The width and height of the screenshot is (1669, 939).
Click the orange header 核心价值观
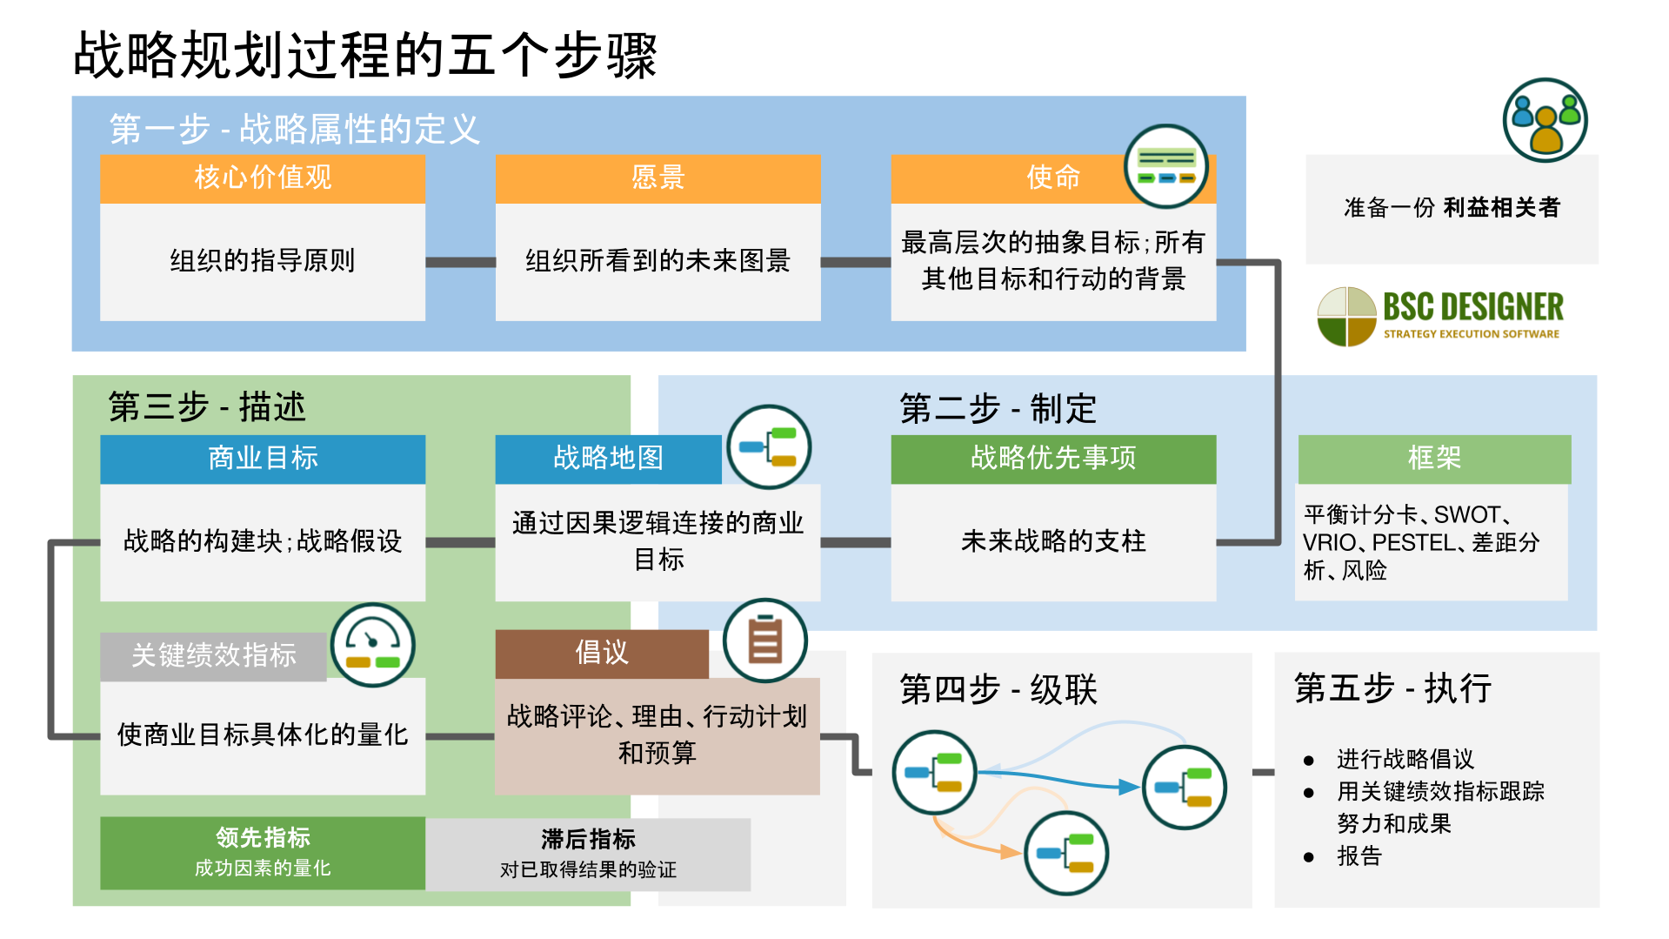(263, 178)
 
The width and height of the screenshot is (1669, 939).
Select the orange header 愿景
(658, 178)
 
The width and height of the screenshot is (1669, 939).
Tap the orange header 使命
(1052, 178)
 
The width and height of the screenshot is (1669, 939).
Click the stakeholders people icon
(1545, 120)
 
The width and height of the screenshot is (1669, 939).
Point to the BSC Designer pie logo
(1346, 316)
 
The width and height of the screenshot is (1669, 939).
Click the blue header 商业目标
(263, 459)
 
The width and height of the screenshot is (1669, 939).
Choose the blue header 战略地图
(608, 459)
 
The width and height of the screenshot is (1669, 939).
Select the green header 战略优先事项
(1052, 459)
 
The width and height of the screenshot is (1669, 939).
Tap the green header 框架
(1434, 459)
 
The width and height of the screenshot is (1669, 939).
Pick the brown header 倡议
(602, 654)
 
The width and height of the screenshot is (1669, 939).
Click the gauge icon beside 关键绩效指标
(373, 646)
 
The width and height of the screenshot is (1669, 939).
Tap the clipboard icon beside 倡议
(765, 641)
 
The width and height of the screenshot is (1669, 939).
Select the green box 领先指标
(263, 852)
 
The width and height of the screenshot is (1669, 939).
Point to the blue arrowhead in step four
(1128, 788)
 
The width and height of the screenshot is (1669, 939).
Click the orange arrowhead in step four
(1010, 852)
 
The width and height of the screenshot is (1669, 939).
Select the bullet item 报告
(1359, 856)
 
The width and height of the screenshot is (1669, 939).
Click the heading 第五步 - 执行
(1392, 688)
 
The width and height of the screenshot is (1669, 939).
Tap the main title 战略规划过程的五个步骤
(365, 56)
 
